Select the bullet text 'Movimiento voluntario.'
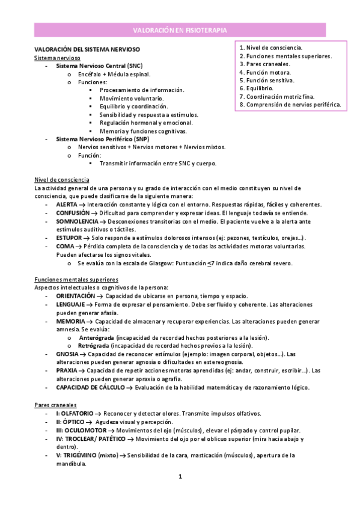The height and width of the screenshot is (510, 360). [x=130, y=98]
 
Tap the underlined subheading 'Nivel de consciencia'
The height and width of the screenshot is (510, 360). [x=63, y=180]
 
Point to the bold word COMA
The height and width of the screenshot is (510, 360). [x=64, y=246]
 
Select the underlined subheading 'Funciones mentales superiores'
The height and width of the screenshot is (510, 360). [x=76, y=280]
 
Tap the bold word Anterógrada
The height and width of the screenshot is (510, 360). [x=97, y=338]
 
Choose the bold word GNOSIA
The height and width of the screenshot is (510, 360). [x=67, y=354]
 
